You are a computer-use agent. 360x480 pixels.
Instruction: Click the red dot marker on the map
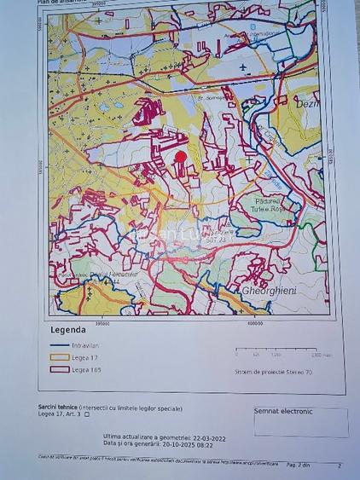(180, 156)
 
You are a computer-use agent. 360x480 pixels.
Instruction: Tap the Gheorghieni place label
(271, 291)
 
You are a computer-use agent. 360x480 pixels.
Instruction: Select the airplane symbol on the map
(245, 66)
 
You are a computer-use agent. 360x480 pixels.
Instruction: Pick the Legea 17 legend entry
(86, 357)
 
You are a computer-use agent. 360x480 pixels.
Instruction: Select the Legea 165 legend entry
(88, 369)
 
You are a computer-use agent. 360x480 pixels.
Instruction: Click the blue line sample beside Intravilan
(60, 345)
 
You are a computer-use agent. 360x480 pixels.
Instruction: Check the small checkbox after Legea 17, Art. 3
(86, 414)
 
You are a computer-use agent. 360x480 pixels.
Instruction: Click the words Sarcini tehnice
(59, 408)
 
